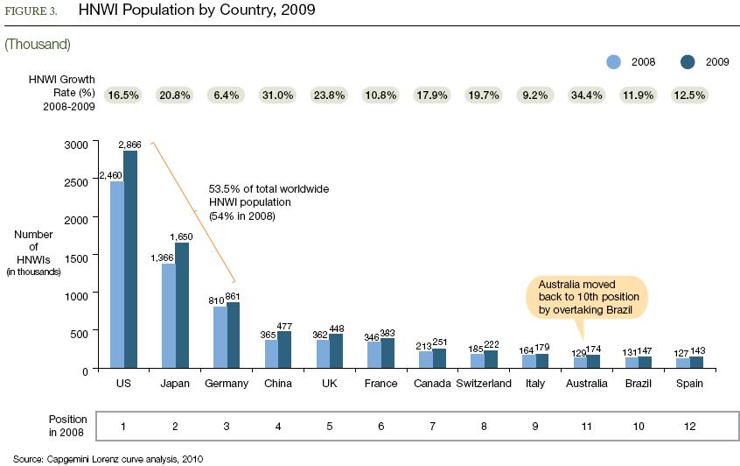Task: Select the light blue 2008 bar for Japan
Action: click(x=168, y=316)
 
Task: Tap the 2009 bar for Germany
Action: click(x=234, y=336)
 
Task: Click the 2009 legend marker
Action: click(x=687, y=61)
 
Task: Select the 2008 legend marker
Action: click(x=614, y=61)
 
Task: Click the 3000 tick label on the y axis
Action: click(x=77, y=144)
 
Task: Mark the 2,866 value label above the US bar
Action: click(x=131, y=144)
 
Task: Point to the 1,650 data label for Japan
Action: click(x=182, y=237)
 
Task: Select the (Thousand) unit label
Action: click(x=38, y=43)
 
